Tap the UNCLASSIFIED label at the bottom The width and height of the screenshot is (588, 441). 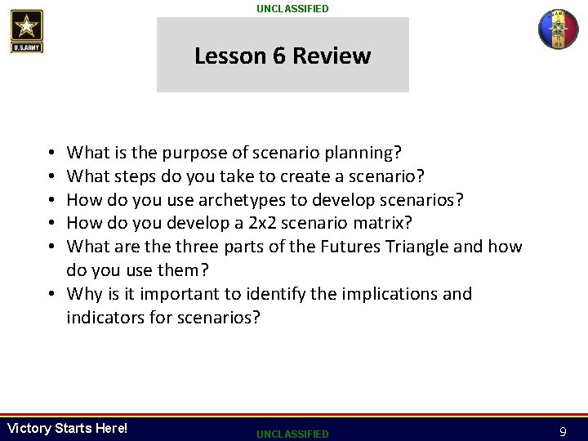coord(293,433)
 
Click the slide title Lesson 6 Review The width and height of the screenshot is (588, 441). coord(283,56)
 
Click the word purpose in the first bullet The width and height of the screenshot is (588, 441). coord(192,153)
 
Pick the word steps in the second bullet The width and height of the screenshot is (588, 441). coord(132,176)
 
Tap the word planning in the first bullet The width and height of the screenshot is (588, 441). coord(366,153)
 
